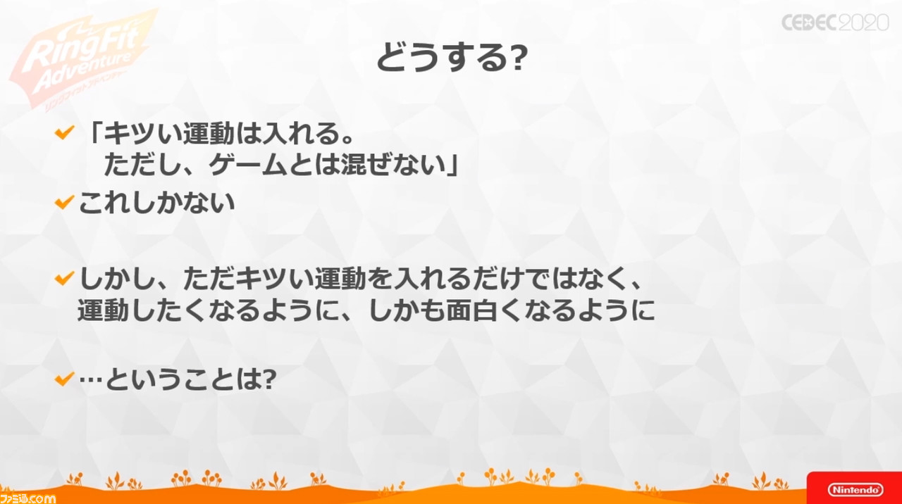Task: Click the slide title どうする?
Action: click(452, 57)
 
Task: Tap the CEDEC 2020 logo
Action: click(835, 23)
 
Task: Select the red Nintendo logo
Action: click(855, 489)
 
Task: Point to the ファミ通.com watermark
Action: click(27, 498)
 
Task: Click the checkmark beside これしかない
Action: click(64, 202)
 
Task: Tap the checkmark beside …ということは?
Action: click(64, 379)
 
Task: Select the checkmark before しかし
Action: click(64, 278)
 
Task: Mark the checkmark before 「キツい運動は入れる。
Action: click(64, 132)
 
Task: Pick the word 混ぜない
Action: click(393, 165)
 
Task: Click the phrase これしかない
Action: click(156, 202)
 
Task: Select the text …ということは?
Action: click(178, 379)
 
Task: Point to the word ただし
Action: click(142, 165)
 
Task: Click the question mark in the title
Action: click(518, 58)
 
